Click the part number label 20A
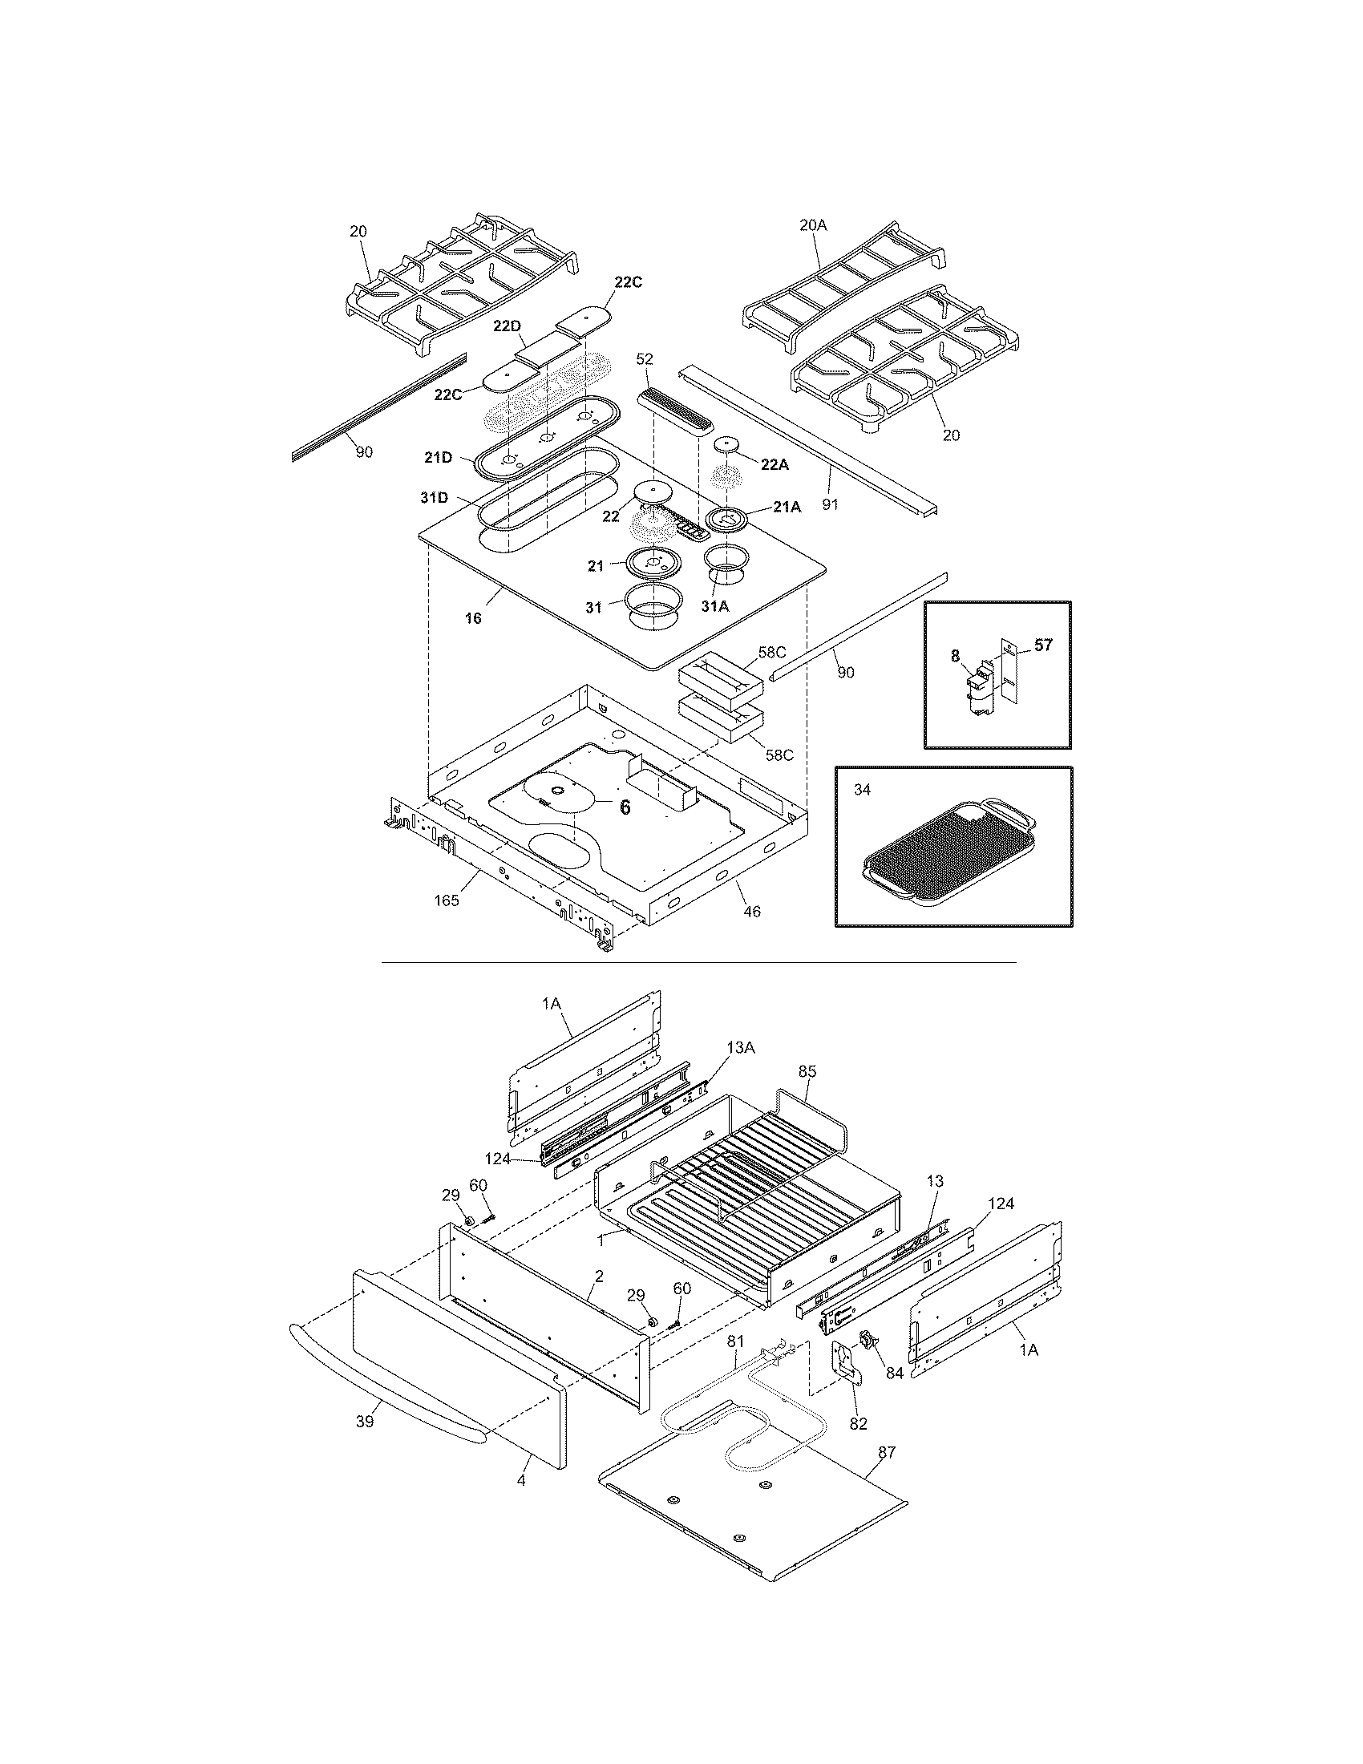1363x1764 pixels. pos(813,226)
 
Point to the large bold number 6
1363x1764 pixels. pos(624,806)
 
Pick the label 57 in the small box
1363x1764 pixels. pos(1043,645)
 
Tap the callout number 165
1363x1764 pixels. pos(447,900)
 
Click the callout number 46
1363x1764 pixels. pos(752,912)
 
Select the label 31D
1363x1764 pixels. pos(434,499)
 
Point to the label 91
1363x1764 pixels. pos(830,504)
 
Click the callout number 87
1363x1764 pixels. pos(887,1451)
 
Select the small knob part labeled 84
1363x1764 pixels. pos(868,1340)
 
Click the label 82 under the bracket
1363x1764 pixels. pos(858,1423)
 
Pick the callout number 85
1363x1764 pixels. pos(807,1071)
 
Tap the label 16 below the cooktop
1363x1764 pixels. pos(473,618)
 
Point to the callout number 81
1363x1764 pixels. pos(734,1341)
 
